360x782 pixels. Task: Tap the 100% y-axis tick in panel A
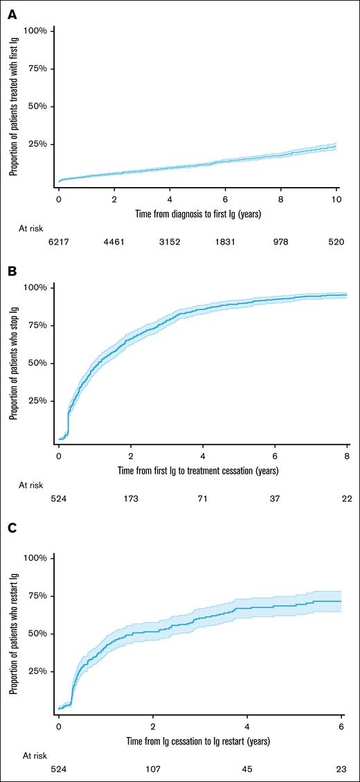pyautogui.click(x=35, y=30)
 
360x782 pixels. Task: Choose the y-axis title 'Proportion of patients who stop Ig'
pyautogui.click(x=13, y=362)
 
